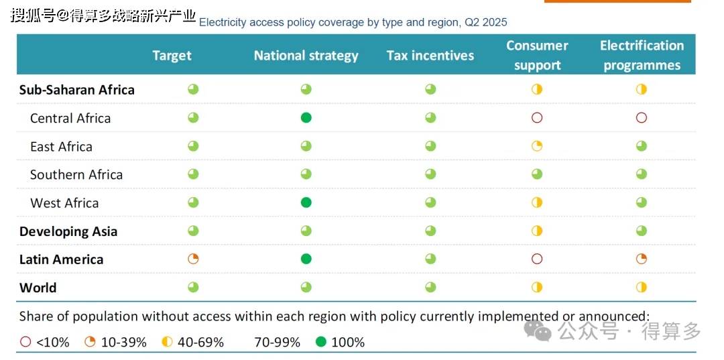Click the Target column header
point(172,56)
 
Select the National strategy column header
point(306,56)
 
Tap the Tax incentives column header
point(430,56)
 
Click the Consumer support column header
point(537,56)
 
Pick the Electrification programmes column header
point(642,56)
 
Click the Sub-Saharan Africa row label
point(76,90)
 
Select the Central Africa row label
point(70,118)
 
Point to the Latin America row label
point(61,259)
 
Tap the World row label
point(38,288)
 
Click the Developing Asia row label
point(68,231)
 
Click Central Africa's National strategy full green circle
point(306,118)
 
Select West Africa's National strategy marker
point(306,202)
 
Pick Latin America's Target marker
point(193,259)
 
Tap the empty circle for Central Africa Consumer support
point(536,118)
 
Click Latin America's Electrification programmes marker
point(642,259)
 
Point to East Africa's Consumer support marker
point(536,146)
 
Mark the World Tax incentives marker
point(430,287)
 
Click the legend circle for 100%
point(321,342)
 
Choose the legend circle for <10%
point(26,342)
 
